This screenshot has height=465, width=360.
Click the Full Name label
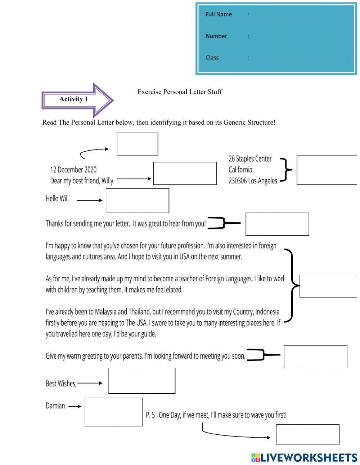coord(219,14)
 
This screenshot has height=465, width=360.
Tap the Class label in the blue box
coord(212,58)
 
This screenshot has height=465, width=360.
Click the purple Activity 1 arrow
coord(78,100)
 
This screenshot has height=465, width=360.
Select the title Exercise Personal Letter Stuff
coord(179,92)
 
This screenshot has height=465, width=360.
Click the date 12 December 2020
coord(73,170)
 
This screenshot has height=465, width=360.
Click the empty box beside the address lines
coord(327,170)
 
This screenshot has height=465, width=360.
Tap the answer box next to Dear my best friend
coord(185,174)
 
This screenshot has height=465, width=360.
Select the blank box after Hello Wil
coord(137,201)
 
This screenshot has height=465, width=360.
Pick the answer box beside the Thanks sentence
coord(277,224)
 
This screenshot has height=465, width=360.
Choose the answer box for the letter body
coord(328,286)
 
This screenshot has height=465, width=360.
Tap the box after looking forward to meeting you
coord(315,357)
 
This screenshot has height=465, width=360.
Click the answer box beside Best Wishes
coord(142,381)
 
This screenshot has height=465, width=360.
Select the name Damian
coord(55,406)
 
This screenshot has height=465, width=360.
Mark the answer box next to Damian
coord(113,412)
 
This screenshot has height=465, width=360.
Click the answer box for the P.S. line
coord(307,434)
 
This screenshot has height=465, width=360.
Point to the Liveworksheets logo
coord(304,457)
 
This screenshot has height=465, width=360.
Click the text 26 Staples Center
coord(250,159)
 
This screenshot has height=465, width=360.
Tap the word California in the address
coord(240,170)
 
